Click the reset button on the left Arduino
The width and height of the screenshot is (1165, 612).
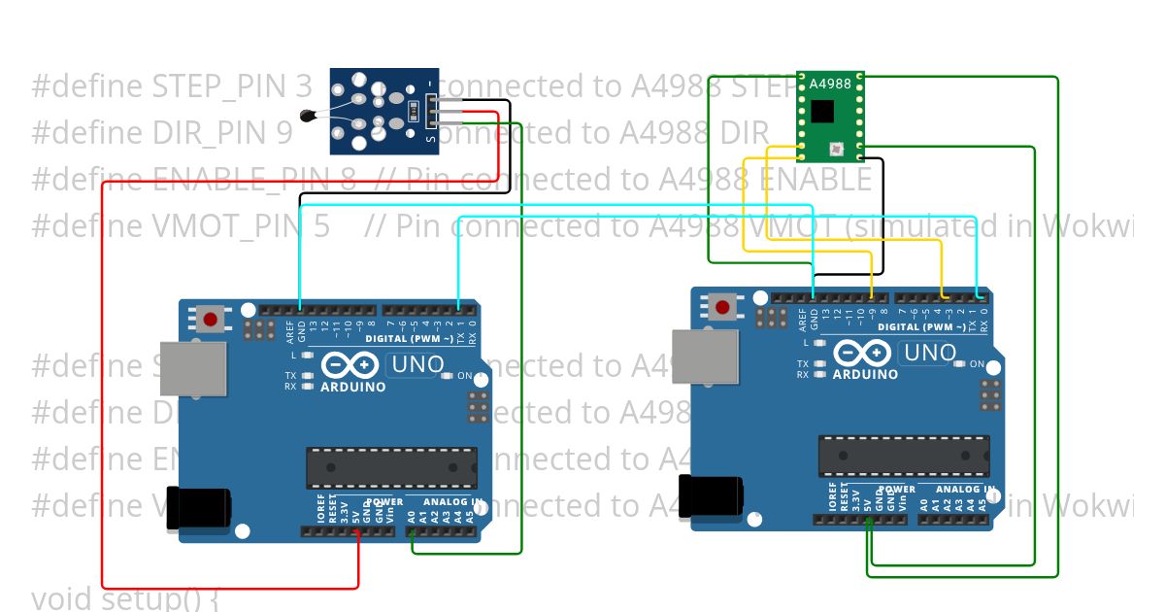[210, 318]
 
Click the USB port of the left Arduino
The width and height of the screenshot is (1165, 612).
[192, 368]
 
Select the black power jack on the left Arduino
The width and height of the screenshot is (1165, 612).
[199, 506]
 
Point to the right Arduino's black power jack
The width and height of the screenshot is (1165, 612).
[711, 494]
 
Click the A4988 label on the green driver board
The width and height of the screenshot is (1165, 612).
[830, 84]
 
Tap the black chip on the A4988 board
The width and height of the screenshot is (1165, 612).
[822, 111]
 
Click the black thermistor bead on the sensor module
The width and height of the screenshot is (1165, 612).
[309, 117]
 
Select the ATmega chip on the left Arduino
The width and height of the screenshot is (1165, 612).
[391, 467]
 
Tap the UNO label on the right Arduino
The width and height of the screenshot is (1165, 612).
[929, 353]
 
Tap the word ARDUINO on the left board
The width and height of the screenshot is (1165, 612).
[353, 387]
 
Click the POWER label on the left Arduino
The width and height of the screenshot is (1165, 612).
[384, 502]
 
